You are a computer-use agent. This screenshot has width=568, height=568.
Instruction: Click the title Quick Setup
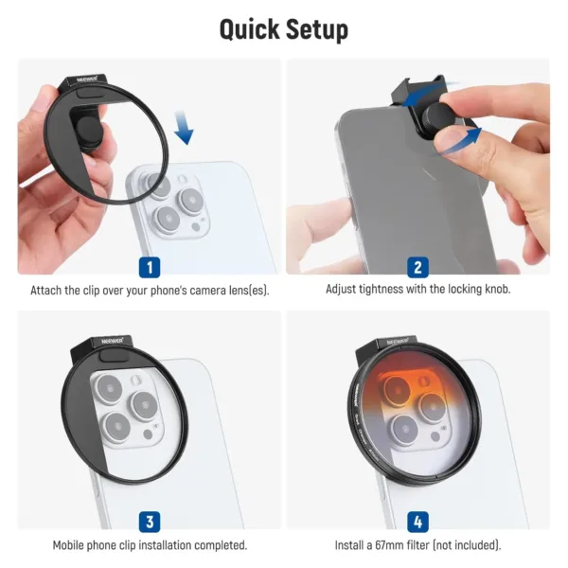point(283,28)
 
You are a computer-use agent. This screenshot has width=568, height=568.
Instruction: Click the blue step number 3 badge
point(149,521)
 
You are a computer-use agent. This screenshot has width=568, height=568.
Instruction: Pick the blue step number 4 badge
point(417,521)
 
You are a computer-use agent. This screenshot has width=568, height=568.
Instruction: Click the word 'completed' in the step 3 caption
point(217,545)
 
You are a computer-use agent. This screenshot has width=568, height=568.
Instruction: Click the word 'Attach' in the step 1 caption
point(48,290)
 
